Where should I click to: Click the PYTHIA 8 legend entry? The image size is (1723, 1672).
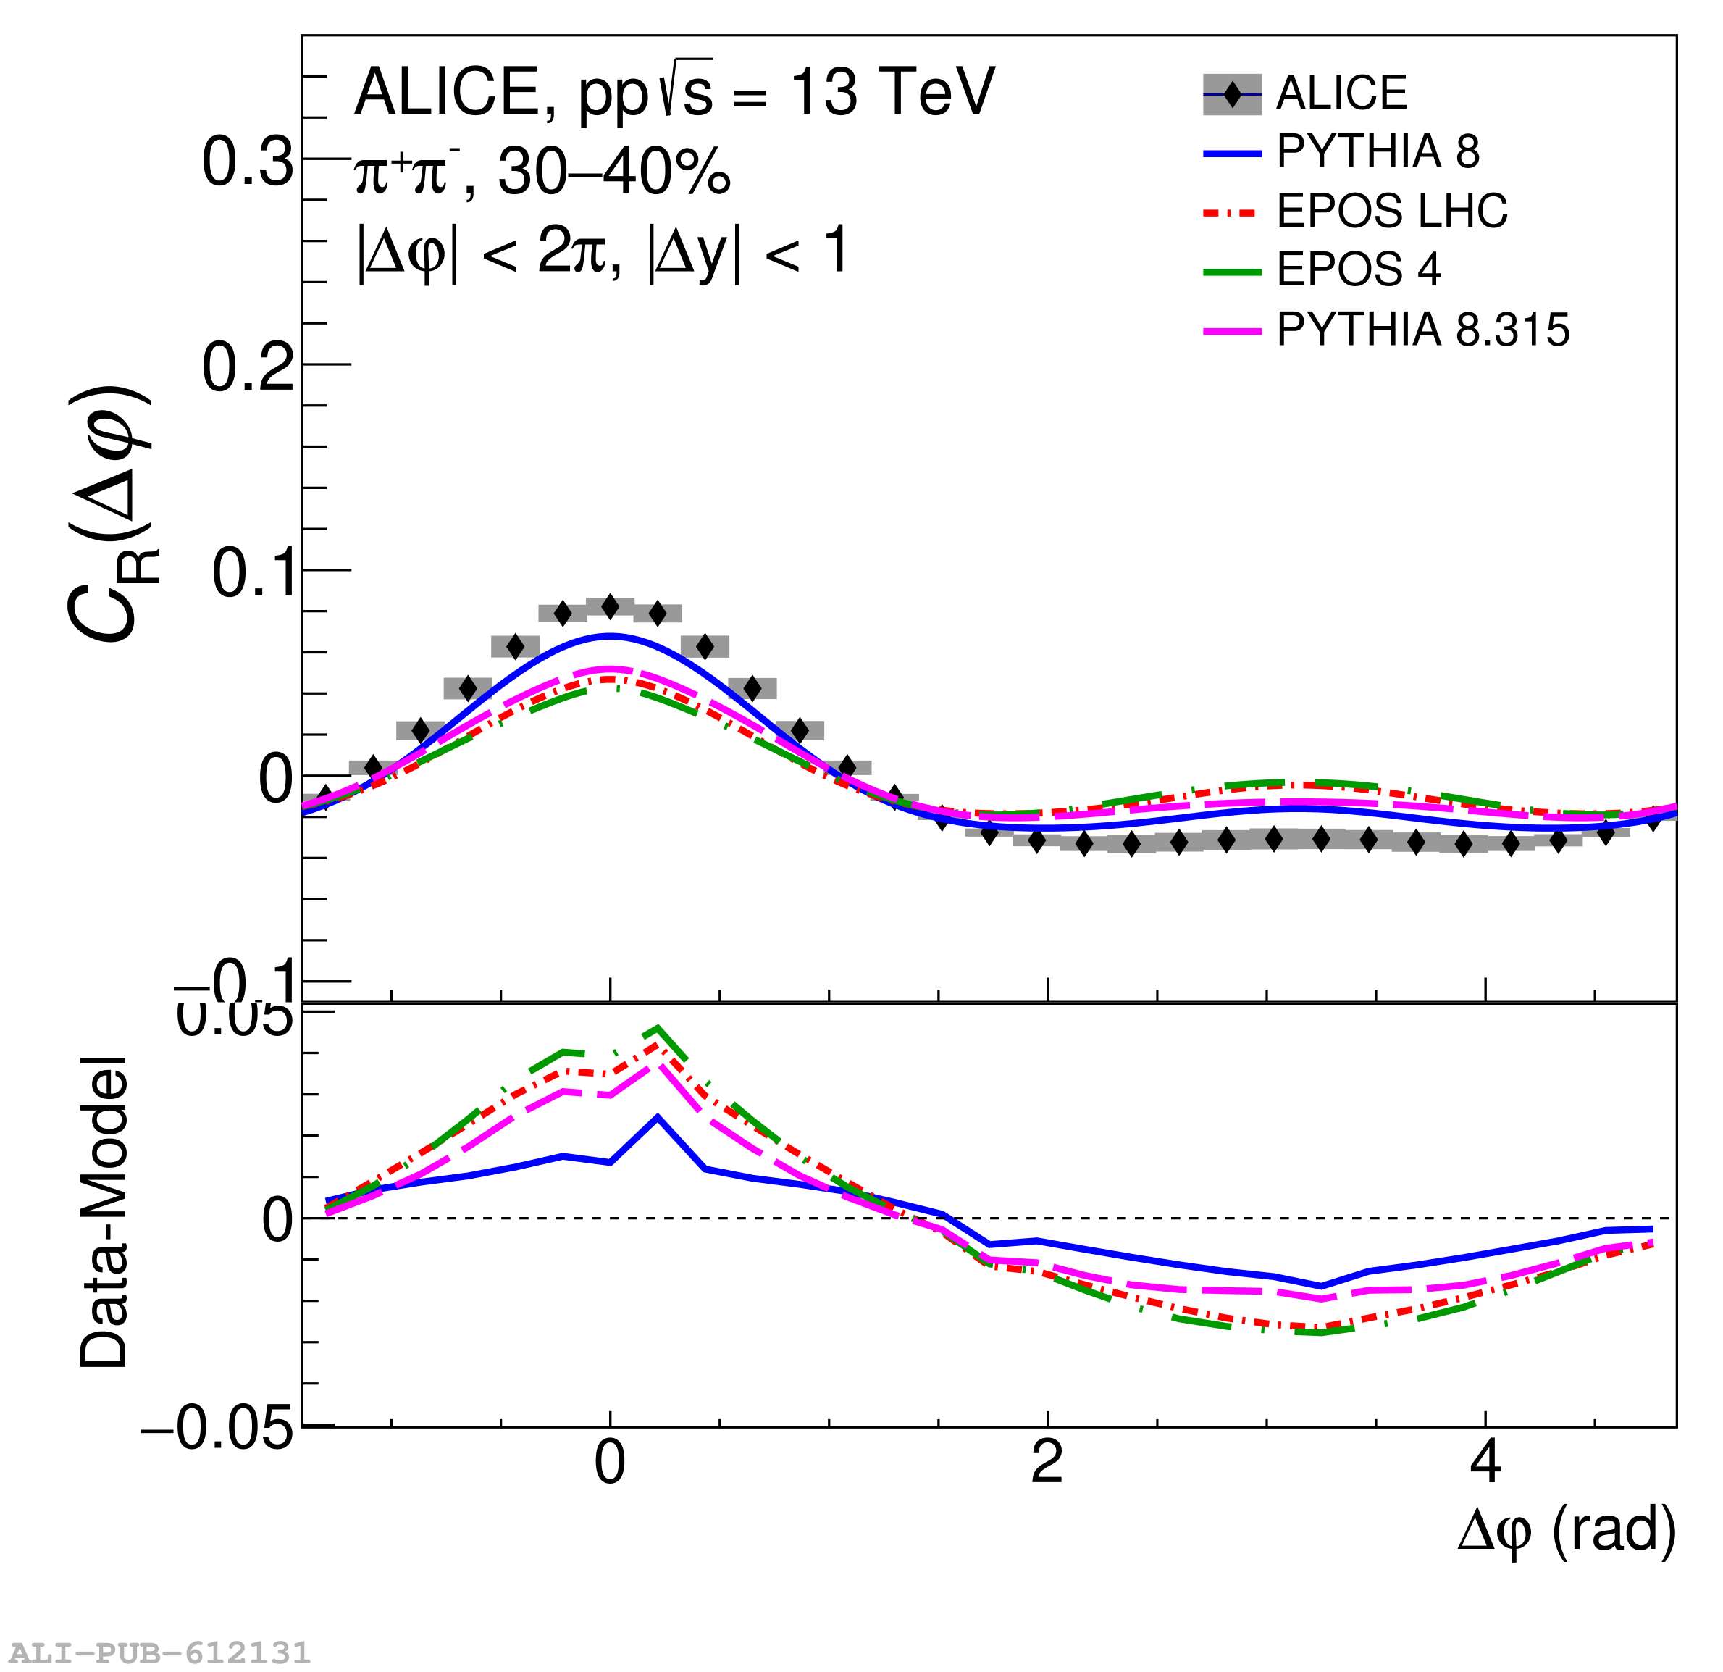click(1377, 151)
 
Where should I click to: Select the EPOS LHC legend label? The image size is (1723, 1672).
click(1391, 211)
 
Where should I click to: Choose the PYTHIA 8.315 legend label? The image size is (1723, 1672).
click(1422, 330)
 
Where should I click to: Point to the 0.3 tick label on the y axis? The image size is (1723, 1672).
click(247, 162)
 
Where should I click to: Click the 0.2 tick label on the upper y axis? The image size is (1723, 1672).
click(247, 367)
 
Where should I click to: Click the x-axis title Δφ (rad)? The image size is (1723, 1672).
click(1566, 1554)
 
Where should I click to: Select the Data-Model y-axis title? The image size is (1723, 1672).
click(104, 1213)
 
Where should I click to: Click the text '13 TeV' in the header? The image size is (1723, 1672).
click(892, 91)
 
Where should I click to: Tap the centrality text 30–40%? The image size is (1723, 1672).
click(613, 172)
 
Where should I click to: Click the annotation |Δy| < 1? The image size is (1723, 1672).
click(747, 253)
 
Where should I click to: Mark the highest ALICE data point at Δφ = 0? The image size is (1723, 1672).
click(610, 606)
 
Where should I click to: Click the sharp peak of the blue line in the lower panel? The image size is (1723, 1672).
click(658, 1117)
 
